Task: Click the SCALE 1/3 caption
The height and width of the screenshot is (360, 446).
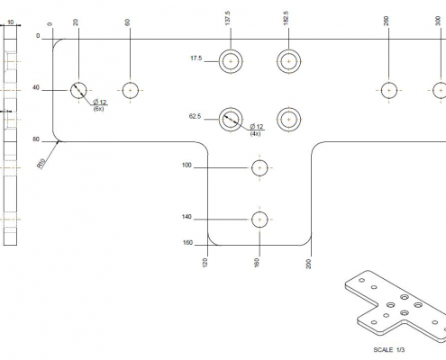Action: pyautogui.click(x=389, y=350)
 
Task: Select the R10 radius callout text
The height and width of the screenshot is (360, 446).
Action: pyautogui.click(x=41, y=164)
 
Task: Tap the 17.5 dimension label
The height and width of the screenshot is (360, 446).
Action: pyautogui.click(x=196, y=58)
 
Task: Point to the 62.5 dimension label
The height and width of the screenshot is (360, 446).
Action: pyautogui.click(x=195, y=116)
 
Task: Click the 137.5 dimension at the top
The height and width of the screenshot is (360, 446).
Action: pyautogui.click(x=227, y=18)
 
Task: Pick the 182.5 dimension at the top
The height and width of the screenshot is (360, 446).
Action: pyautogui.click(x=286, y=18)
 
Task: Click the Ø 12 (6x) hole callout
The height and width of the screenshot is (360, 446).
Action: pyautogui.click(x=100, y=105)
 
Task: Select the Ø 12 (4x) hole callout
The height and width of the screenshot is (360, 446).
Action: pyautogui.click(x=256, y=130)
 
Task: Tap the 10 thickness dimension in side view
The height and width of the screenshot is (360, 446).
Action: pyautogui.click(x=11, y=22)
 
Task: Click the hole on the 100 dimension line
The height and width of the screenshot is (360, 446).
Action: pyautogui.click(x=259, y=167)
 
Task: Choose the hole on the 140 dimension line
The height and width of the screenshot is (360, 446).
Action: pyautogui.click(x=259, y=220)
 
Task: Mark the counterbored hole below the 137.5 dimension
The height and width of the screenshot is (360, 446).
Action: pyautogui.click(x=231, y=61)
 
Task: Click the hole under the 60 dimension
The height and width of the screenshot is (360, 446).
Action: pyautogui.click(x=131, y=90)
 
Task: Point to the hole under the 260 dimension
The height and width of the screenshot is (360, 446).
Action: pyautogui.click(x=389, y=90)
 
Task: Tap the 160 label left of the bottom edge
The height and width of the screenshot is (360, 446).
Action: pyautogui.click(x=187, y=243)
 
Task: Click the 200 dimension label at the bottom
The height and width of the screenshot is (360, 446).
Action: pyautogui.click(x=308, y=264)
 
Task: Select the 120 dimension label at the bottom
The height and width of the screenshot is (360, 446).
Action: pyautogui.click(x=205, y=263)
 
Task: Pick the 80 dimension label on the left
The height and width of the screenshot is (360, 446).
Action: pyautogui.click(x=36, y=139)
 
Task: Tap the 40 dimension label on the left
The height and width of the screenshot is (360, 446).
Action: pyautogui.click(x=36, y=87)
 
